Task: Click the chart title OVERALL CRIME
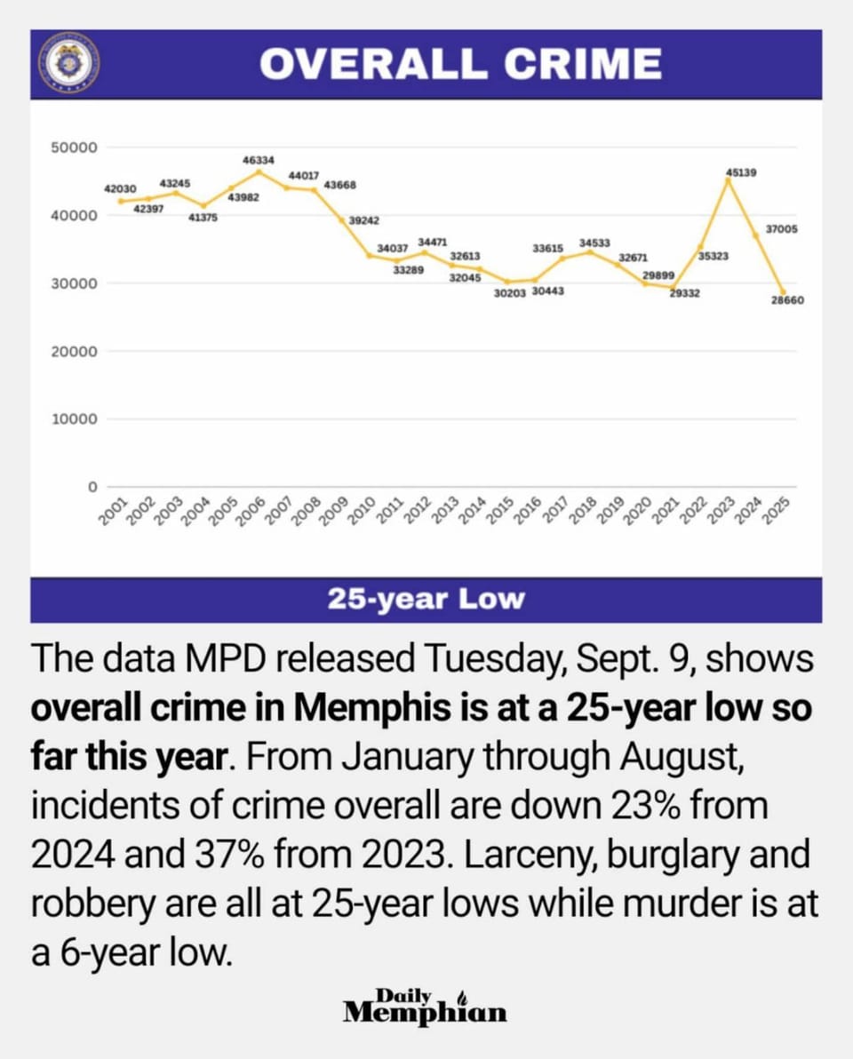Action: coord(460,64)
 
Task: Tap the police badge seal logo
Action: coord(68,64)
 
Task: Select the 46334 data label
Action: coord(259,160)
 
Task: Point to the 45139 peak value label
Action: coord(741,173)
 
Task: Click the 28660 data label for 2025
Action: coord(787,300)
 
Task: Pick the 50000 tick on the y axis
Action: coord(75,147)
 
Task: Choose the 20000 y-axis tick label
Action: coord(75,351)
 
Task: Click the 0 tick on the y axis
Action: coord(92,487)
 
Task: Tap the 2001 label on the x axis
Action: coord(113,511)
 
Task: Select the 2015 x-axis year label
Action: coord(500,511)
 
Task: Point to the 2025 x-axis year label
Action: coord(777,511)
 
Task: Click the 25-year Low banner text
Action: coord(426,600)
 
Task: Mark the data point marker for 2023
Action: coord(728,179)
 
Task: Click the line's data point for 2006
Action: coord(259,171)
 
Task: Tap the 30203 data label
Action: coord(509,293)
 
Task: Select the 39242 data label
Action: coord(363,221)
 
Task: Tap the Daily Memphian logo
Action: coord(425,1007)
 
